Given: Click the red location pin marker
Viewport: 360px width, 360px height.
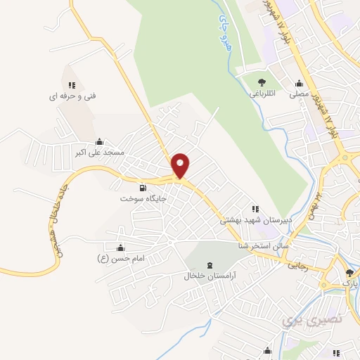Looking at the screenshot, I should [181, 165].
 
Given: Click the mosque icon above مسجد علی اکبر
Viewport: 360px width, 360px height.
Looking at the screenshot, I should [99, 141].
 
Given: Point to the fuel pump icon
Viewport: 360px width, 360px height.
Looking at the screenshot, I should [143, 188].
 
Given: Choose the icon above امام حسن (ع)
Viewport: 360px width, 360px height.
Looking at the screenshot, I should [120, 247].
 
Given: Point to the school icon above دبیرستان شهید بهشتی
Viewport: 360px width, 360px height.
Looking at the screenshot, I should [255, 208].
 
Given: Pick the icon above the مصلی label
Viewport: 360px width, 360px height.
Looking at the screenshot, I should [300, 82].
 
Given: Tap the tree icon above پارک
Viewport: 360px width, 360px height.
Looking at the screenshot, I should [349, 273].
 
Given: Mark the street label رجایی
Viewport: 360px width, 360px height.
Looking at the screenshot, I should [297, 266].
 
